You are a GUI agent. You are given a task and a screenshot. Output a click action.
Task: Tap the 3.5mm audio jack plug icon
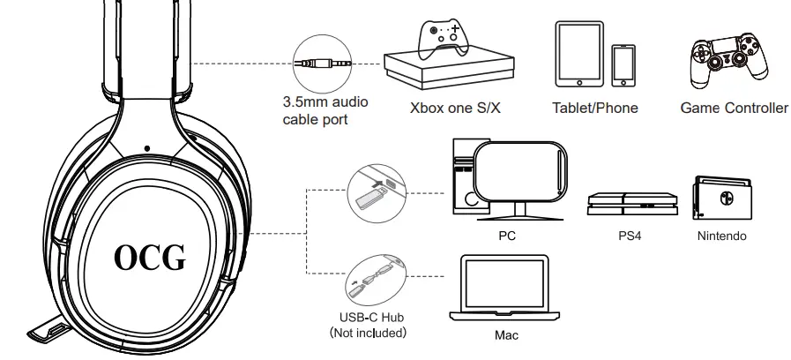click(321, 64)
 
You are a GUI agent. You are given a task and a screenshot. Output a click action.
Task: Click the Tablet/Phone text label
click(594, 109)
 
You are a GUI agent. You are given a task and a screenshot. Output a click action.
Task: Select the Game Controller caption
click(734, 109)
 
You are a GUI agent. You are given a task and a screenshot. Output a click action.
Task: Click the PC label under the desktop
click(506, 236)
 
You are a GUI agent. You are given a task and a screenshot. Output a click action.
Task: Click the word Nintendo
click(721, 236)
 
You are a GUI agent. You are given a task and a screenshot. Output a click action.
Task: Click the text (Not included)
click(367, 333)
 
